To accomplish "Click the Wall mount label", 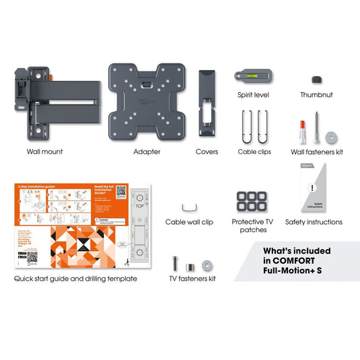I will pyautogui.click(x=44, y=151).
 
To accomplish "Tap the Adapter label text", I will pyautogui.click(x=147, y=151).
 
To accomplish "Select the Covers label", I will pyautogui.click(x=207, y=151).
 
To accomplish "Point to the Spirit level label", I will pyautogui.click(x=253, y=95).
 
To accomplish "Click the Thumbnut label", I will pyautogui.click(x=316, y=95).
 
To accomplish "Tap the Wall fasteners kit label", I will pyautogui.click(x=317, y=152).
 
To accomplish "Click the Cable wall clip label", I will pyautogui.click(x=190, y=221).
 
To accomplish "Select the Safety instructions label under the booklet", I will pyautogui.click(x=314, y=221).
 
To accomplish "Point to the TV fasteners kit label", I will pyautogui.click(x=192, y=278).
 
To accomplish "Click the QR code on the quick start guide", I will pyautogui.click(x=121, y=191).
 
